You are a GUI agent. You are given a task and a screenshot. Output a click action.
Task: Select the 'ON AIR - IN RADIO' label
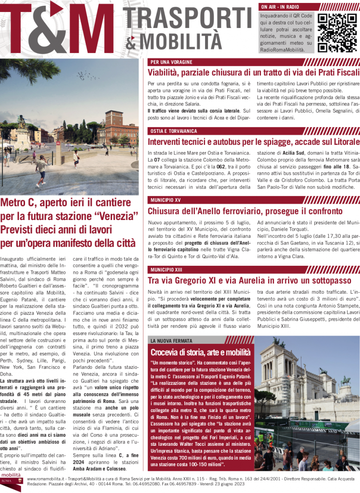280,7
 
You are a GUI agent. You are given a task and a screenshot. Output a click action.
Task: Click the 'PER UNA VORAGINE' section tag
171,62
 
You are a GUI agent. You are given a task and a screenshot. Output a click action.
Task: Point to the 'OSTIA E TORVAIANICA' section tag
174,130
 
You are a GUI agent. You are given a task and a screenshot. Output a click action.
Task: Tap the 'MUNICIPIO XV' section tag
165,199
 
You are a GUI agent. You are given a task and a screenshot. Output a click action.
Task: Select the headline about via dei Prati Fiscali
253,73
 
